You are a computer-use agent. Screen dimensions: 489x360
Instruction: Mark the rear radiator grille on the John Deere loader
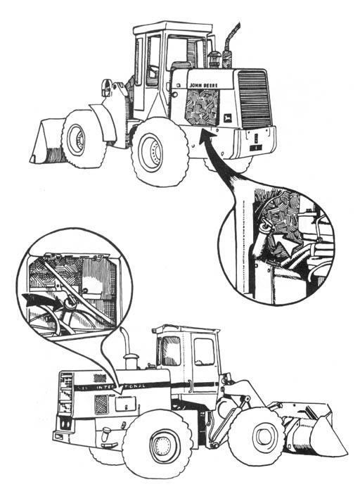[x=253, y=99]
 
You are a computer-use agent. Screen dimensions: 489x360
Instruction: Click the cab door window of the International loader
[x=204, y=351]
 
